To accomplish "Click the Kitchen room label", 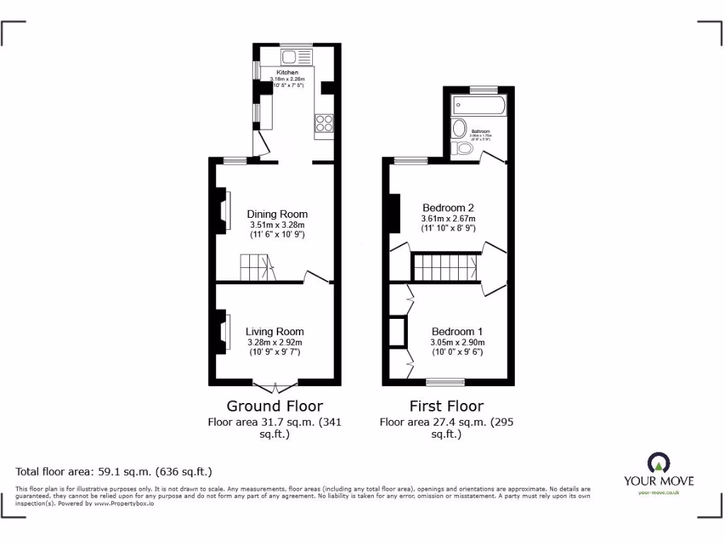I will point(287,72).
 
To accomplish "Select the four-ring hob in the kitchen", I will point(324,123).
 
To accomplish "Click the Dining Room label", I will point(277,214).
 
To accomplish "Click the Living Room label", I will point(275,332).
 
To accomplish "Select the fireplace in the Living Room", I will point(224,332).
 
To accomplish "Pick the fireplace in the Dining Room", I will point(224,210).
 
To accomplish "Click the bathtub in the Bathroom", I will point(479,106).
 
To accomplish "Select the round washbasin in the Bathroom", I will point(459,129).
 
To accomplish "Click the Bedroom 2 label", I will point(447,208).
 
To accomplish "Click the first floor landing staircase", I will point(445,268).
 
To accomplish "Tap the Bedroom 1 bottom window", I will point(445,382).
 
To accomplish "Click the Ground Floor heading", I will point(275,406).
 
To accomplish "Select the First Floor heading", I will point(446,406).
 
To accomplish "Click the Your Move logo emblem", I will point(658,463).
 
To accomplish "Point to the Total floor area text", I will point(114,471).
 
